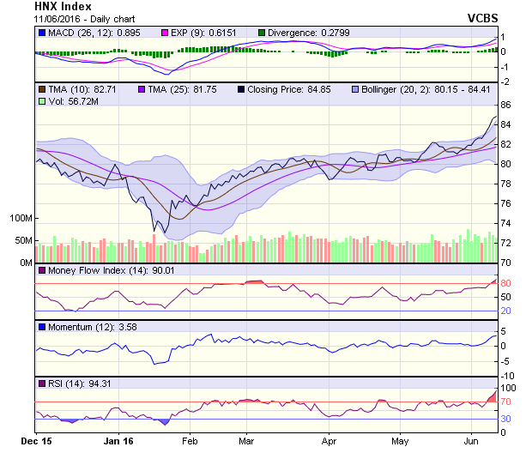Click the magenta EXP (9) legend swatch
coord(168,33)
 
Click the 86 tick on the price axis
coord(506,105)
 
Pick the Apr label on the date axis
coord(329,441)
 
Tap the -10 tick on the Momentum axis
coord(508,376)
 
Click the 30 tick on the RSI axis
coord(506,419)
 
